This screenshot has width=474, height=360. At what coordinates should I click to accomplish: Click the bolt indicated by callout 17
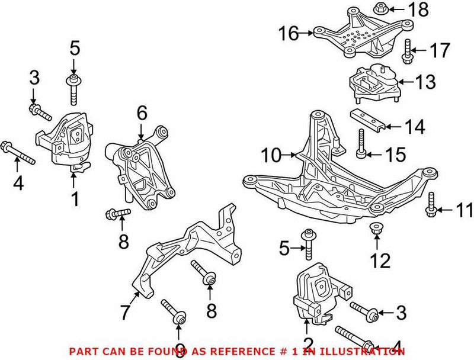(x=407, y=51)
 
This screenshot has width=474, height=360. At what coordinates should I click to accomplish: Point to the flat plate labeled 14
(x=367, y=119)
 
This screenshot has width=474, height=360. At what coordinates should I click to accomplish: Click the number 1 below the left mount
(x=75, y=200)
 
